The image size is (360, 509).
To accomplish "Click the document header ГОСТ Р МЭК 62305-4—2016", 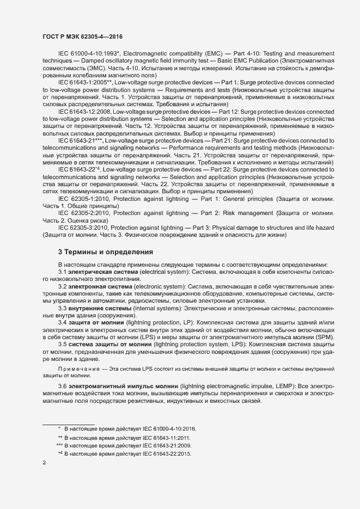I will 82,36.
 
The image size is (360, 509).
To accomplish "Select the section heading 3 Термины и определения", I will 98,252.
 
